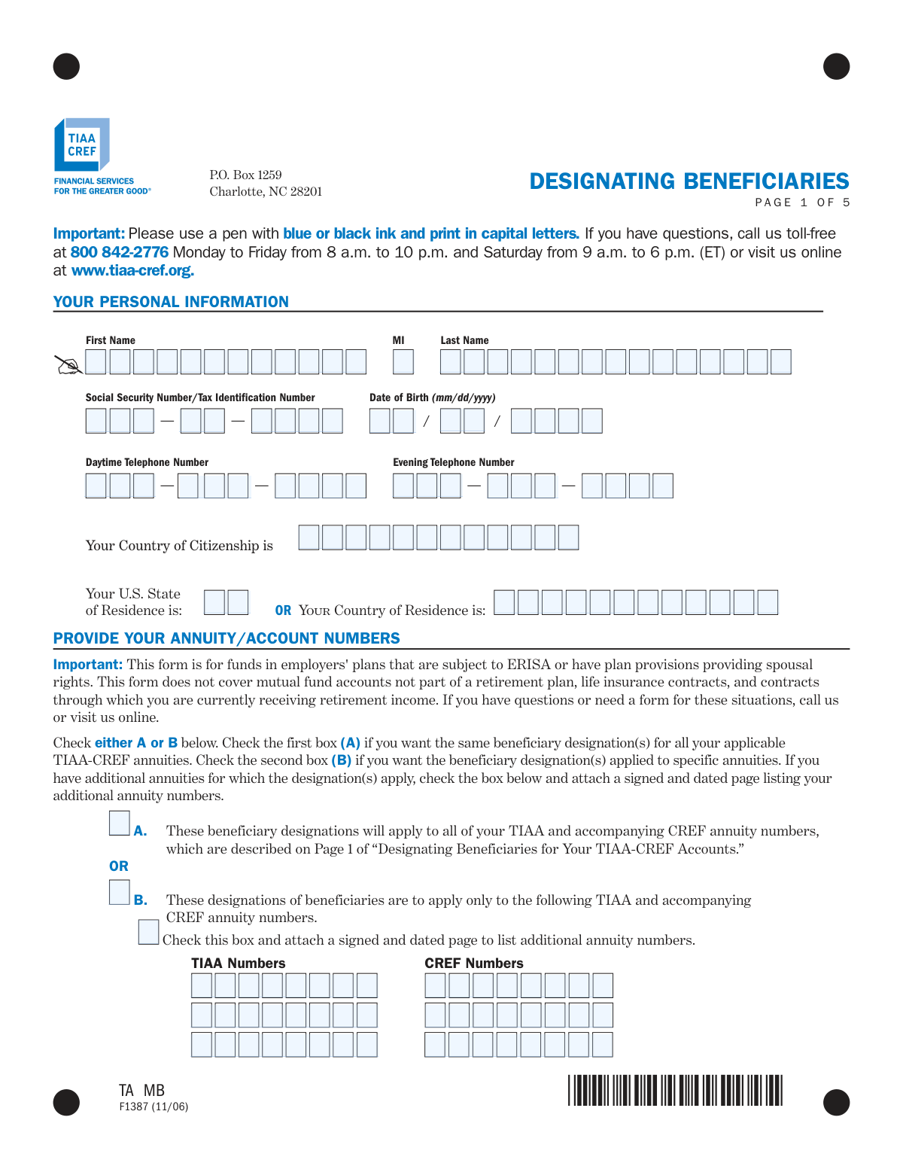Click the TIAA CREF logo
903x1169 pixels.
81,145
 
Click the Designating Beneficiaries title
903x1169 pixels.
689,181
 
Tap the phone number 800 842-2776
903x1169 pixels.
119,252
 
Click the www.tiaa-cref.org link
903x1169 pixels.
132,270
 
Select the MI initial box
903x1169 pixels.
403,362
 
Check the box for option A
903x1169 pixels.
119,823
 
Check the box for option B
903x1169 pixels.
119,892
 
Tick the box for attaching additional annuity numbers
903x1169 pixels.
148,932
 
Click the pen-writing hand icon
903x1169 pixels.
69,365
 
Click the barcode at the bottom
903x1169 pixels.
675,1090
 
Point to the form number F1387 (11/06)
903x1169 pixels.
154,1107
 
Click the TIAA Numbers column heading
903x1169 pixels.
238,964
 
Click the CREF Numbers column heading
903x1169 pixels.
473,964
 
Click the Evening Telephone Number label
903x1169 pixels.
453,462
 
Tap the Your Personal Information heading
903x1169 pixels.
171,302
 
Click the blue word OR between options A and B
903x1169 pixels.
119,866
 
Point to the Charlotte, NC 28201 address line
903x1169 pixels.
266,192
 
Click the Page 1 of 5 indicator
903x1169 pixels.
802,202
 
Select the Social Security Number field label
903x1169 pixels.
200,397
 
